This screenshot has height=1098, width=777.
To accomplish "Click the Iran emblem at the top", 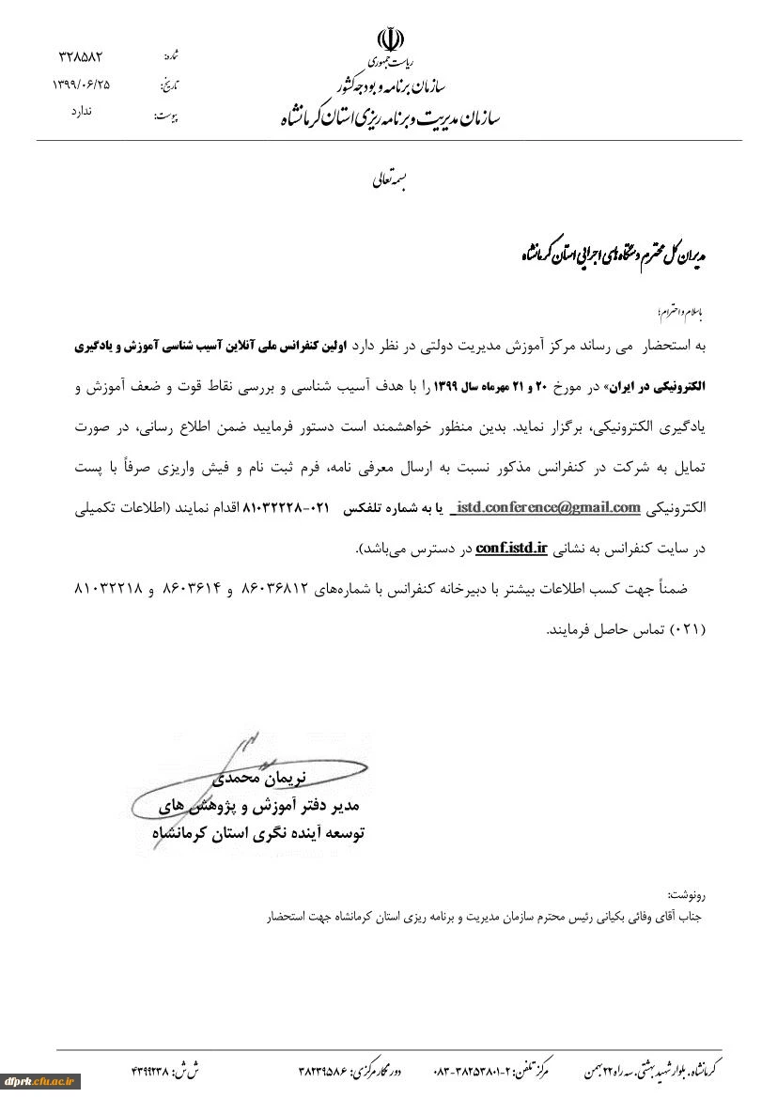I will [x=390, y=39].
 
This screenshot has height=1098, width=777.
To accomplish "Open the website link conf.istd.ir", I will [x=511, y=548].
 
